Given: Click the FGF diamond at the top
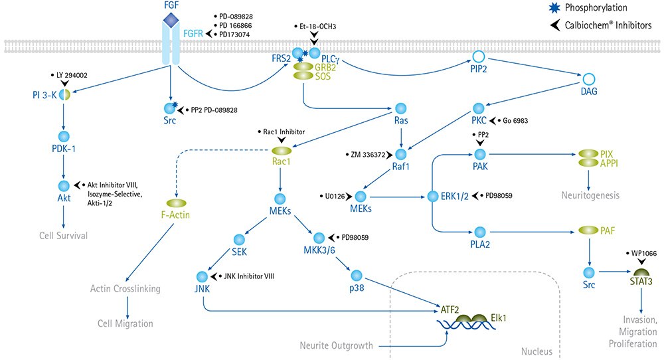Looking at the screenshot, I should (x=171, y=22).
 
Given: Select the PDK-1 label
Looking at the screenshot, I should (x=64, y=148).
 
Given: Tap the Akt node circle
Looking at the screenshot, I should (x=64, y=185).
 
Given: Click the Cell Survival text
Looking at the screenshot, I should (x=64, y=234).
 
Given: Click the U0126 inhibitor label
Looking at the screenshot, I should (x=335, y=197).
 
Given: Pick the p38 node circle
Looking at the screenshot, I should (x=357, y=274).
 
